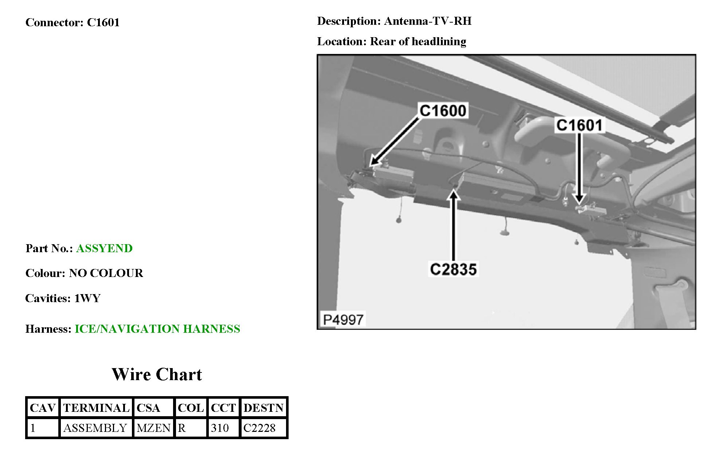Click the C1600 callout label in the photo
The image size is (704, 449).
[443, 111]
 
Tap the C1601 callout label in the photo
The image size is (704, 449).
[579, 125]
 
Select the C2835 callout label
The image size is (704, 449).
[453, 269]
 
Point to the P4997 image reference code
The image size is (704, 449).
[343, 320]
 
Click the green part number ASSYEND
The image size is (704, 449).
[104, 249]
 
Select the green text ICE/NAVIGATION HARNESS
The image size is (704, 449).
[157, 329]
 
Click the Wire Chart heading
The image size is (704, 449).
[157, 375]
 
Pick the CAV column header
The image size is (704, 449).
[43, 408]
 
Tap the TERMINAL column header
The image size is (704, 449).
[96, 408]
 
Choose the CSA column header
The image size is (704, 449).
[148, 408]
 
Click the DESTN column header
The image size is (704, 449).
[263, 408]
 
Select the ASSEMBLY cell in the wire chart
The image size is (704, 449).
[95, 428]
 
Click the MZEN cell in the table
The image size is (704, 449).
[153, 428]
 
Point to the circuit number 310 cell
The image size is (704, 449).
[220, 428]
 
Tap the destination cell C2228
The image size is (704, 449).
[259, 428]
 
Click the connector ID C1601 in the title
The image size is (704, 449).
[103, 23]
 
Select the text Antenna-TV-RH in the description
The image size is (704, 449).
[428, 21]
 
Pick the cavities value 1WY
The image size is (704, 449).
[87, 298]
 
